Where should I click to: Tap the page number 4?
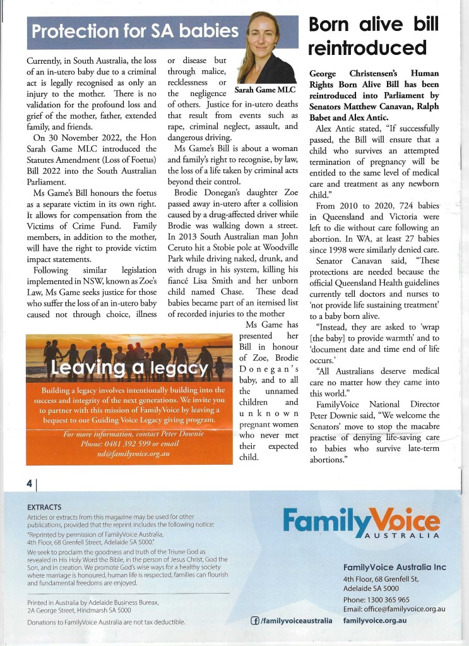pos(29,483)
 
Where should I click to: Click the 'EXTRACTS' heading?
pos(44,507)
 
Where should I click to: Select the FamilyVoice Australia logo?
pos(361,523)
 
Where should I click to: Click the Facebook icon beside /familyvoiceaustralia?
pos(256,621)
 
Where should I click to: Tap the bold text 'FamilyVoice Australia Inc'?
pos(395,567)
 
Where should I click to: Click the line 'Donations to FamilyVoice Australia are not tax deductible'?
pos(106,622)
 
